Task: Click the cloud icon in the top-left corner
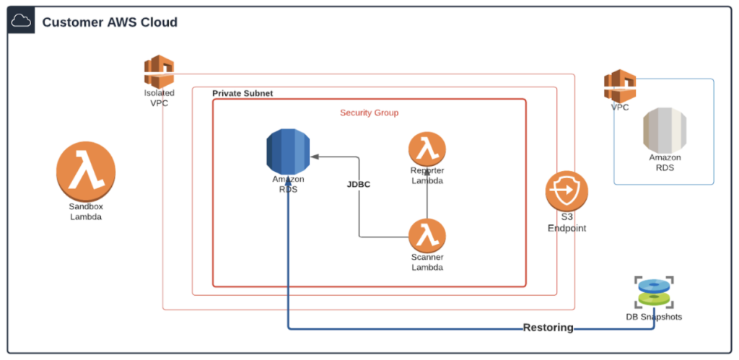pos(21,22)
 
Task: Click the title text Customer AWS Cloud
pos(110,22)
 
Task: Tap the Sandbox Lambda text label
pos(86,211)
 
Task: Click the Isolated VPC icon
pos(159,72)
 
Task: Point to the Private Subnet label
pos(242,95)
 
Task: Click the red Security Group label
pos(369,113)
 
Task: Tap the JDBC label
pos(359,185)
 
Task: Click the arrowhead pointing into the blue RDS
pos(315,156)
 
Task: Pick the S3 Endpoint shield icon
pos(567,192)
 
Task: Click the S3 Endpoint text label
pos(567,224)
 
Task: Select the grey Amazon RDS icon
pos(665,130)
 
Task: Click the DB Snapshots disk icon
pos(654,292)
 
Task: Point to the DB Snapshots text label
pos(654,317)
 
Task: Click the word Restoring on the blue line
pos(548,328)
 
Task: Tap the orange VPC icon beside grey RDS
pos(620,86)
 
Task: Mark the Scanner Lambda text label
pos(427,263)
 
